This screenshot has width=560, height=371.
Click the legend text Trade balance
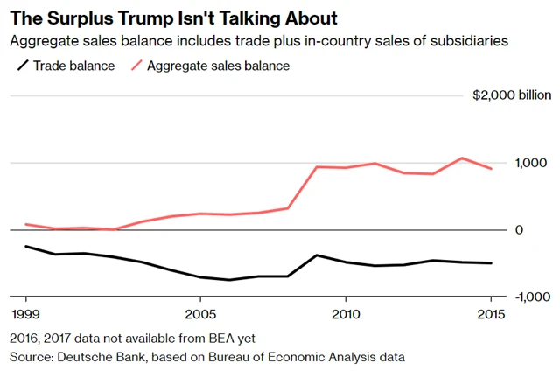pos(74,66)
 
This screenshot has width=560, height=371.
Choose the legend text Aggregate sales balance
pos(218,66)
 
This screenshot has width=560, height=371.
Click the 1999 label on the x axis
pos(24,313)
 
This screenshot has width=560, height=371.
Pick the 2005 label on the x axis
pos(200,313)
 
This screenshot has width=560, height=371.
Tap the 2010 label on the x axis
pos(346,313)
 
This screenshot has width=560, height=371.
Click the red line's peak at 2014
pos(462,158)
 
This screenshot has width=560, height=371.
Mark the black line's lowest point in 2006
pos(229,280)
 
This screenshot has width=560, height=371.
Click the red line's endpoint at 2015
pos(491,169)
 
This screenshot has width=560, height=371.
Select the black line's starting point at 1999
pos(25,246)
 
